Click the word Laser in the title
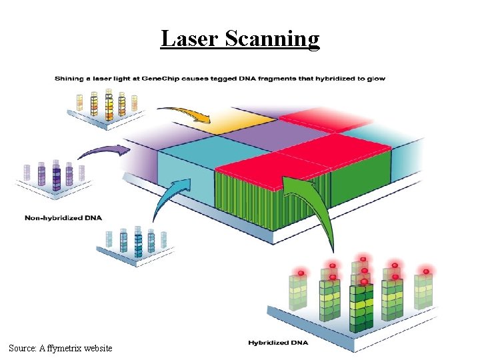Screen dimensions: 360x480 point(191,39)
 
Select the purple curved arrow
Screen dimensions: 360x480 point(103,152)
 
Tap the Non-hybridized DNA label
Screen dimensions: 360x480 point(63,217)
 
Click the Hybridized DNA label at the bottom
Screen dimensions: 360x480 point(278,343)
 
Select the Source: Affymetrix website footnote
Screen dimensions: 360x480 point(61,348)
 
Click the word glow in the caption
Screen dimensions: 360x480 point(377,79)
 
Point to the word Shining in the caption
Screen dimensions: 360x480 point(67,79)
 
